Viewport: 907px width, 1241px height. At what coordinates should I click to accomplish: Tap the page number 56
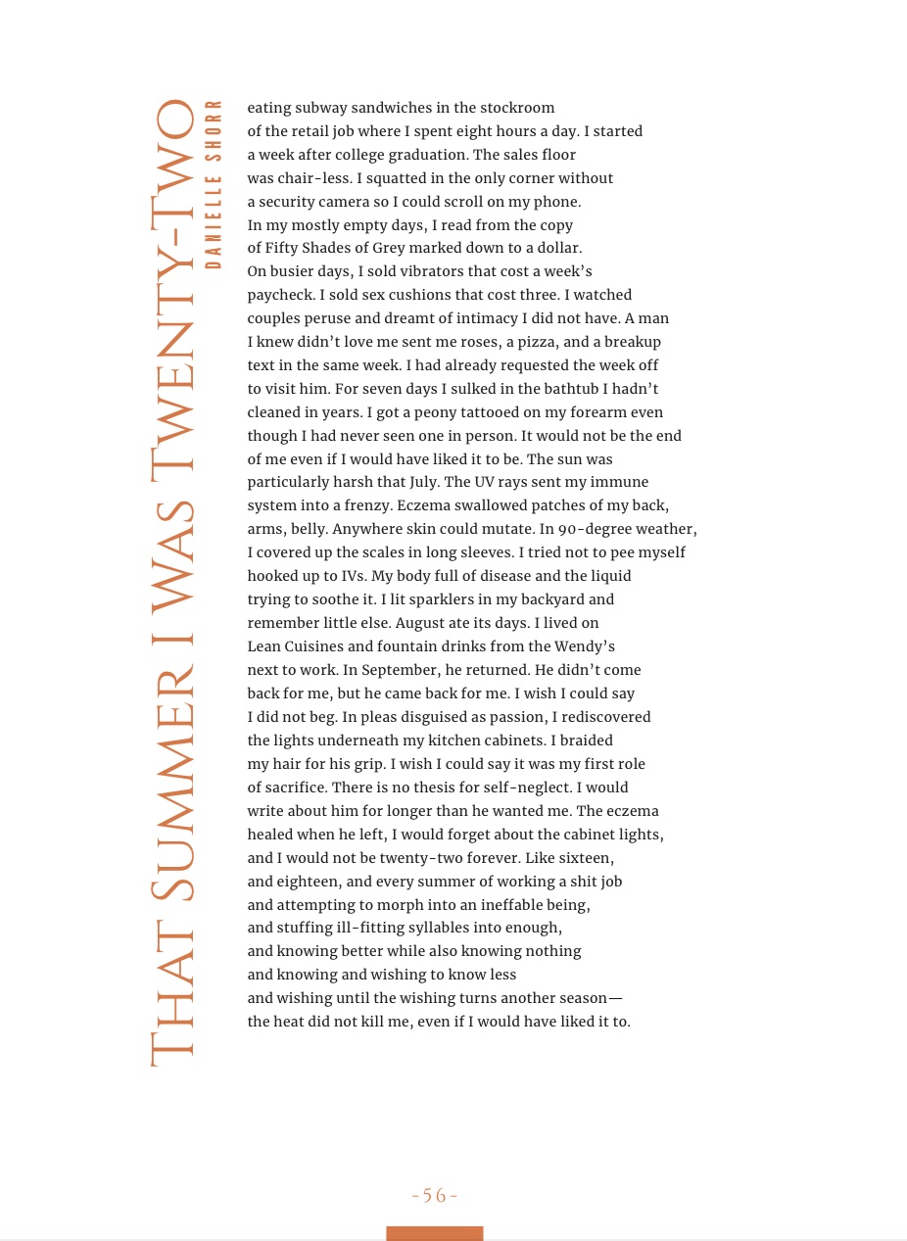(x=435, y=1196)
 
